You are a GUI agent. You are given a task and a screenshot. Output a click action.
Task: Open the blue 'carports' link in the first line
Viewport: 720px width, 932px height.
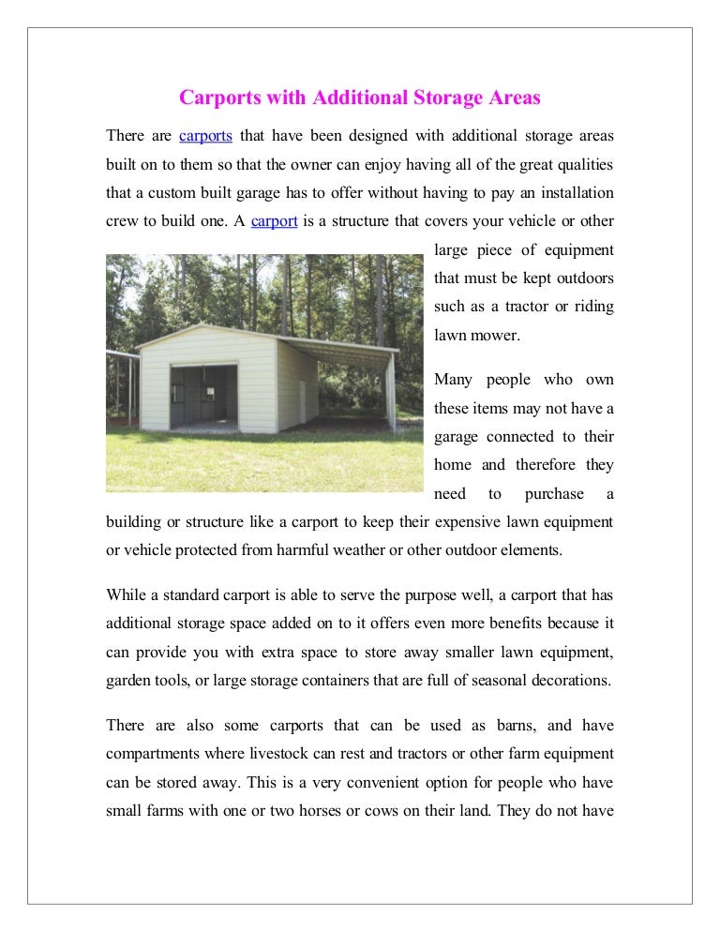tap(205, 136)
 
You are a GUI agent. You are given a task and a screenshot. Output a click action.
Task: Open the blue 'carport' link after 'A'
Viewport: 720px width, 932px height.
tap(275, 222)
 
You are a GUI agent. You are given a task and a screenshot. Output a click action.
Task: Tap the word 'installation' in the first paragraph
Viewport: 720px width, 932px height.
tap(576, 193)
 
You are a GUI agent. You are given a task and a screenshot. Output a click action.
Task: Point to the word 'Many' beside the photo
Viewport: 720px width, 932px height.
tap(455, 380)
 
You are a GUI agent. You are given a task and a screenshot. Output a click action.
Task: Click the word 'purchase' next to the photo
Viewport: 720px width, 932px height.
tap(554, 494)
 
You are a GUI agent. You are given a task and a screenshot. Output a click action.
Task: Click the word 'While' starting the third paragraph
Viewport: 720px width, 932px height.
tap(127, 594)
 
